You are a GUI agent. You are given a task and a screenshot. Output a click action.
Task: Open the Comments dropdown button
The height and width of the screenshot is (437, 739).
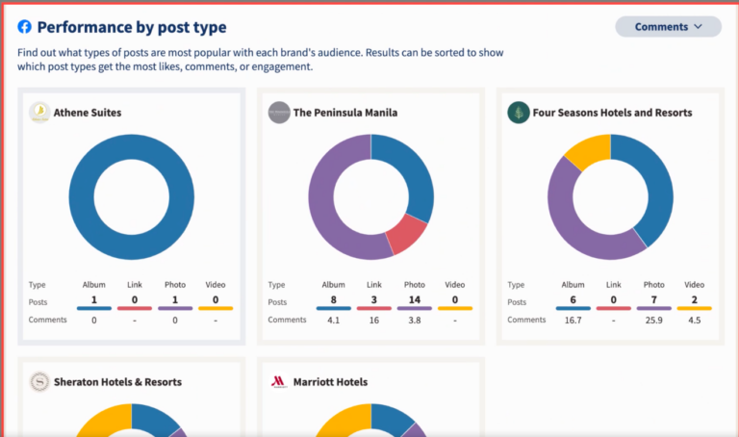(668, 27)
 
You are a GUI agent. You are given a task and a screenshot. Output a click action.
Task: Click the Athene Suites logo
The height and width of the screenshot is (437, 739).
(39, 113)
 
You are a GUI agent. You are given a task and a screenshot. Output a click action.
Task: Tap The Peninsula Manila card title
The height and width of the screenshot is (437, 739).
(344, 113)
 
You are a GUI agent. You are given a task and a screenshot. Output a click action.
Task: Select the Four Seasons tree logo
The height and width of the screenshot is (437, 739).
(518, 113)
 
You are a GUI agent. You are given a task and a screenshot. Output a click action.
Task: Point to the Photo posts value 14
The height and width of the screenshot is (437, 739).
(415, 299)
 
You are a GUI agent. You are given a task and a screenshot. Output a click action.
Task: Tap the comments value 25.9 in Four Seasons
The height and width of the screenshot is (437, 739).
(653, 320)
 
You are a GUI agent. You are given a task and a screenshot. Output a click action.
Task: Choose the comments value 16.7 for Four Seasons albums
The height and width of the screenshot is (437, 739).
(573, 320)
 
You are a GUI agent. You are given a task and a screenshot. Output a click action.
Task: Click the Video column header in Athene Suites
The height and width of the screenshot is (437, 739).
(216, 285)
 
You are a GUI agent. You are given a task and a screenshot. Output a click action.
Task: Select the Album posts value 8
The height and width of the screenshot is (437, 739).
(334, 299)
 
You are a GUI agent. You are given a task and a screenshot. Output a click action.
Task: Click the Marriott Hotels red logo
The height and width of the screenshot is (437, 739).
(279, 382)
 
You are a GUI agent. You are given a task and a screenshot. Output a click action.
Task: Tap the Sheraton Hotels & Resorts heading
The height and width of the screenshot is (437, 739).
(118, 382)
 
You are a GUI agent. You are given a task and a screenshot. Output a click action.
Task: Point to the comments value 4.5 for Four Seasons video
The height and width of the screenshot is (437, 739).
(694, 320)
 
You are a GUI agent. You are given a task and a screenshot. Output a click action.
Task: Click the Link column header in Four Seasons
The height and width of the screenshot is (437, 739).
(613, 285)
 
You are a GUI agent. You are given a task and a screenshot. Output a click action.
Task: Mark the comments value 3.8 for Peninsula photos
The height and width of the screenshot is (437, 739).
(415, 320)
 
